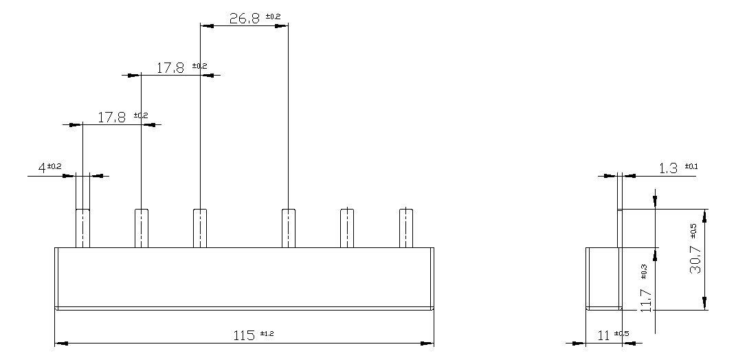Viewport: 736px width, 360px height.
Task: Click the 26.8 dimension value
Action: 244,18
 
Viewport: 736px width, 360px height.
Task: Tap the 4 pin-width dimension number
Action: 42,167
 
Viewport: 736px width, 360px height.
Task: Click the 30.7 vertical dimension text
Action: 696,258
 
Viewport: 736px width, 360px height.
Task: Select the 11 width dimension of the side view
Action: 603,335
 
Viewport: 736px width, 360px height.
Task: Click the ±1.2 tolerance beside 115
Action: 268,333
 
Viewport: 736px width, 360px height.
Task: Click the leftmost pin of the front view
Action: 82,227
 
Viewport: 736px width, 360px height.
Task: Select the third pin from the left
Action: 200,227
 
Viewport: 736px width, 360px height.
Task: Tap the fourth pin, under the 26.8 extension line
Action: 288,227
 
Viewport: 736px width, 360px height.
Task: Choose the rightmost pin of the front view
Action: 406,227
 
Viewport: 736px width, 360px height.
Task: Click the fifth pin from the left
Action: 347,227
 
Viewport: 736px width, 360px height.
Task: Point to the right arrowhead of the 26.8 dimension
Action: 282,25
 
